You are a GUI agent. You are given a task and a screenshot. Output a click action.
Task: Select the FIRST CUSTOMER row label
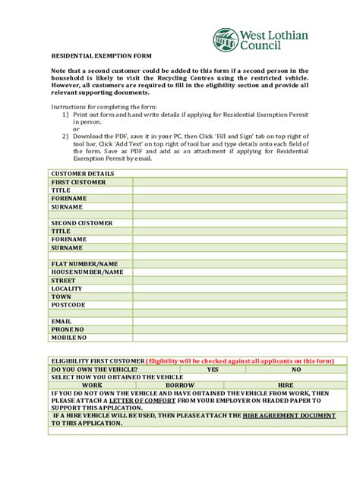(78, 182)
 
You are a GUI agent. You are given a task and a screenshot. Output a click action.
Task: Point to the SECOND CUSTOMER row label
(81, 223)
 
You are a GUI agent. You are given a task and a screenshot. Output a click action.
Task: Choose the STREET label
(64, 280)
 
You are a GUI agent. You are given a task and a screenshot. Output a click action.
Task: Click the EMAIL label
(62, 321)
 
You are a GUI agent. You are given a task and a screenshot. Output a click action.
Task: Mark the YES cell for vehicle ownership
(213, 369)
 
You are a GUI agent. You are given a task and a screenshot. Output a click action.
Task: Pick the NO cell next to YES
(295, 369)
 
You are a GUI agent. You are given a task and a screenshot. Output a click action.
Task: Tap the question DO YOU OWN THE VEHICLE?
(94, 369)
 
